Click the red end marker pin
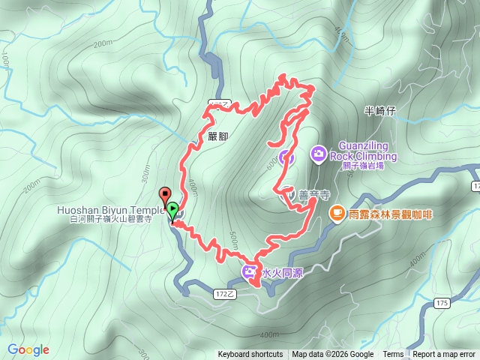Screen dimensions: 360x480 [166, 193]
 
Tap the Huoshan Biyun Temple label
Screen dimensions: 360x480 [110, 210]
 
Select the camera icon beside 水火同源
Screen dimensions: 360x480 [248, 271]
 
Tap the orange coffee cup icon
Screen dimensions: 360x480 [337, 214]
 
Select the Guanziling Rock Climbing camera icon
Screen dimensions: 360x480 [319, 154]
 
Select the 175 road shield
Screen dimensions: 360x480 [442, 302]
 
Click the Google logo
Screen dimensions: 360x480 [28, 349]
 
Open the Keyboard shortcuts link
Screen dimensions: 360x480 [250, 355]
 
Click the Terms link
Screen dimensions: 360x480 [393, 355]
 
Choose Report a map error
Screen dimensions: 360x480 [445, 355]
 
